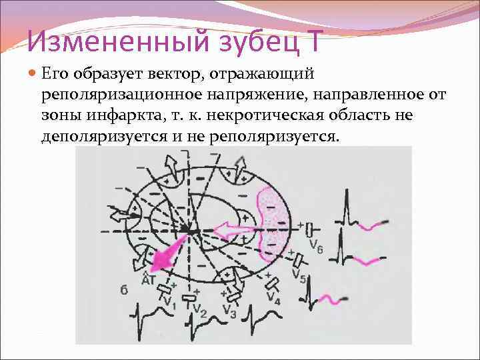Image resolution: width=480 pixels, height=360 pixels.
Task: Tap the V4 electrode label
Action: tap(273, 297)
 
